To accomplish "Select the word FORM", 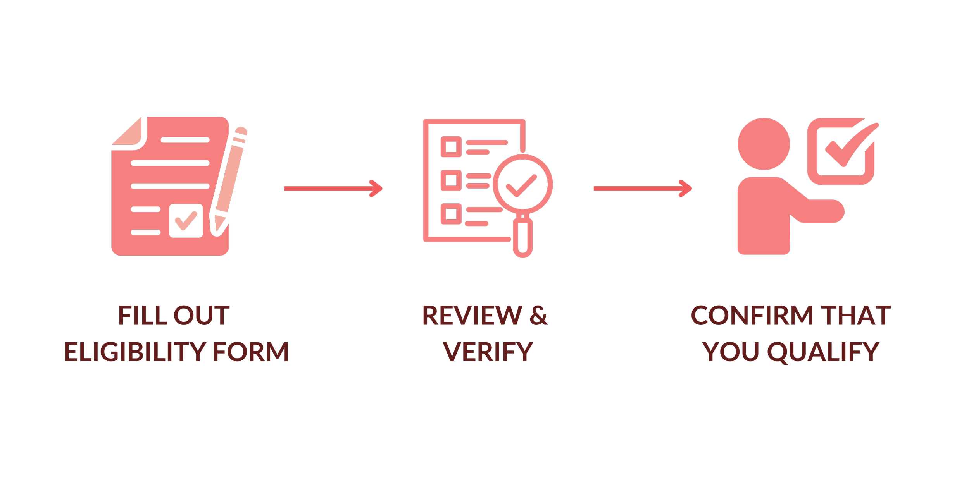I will pos(251,352).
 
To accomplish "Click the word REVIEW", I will pos(472,316).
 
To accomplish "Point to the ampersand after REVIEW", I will pos(538,316).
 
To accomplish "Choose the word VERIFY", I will pos(488,352).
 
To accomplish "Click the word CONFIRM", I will pos(752,316).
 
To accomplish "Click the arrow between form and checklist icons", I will pos(333,189).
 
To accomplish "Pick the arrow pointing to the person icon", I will pos(642,189).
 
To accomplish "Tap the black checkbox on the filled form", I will pos(186,220).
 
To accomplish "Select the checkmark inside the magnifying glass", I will pos(522,185).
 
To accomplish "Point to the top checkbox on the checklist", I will pos(451,147).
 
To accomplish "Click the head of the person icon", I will pos(764,144).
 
